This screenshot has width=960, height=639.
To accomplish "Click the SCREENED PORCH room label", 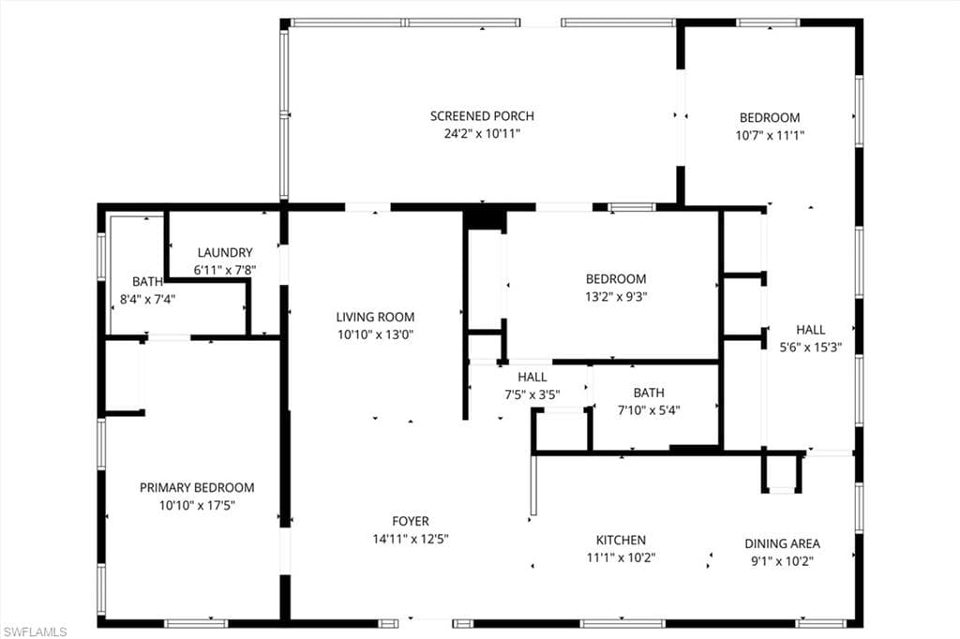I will (x=482, y=116).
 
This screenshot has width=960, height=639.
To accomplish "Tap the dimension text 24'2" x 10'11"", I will (x=482, y=134).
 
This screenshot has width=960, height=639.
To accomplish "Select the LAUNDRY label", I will (x=225, y=252).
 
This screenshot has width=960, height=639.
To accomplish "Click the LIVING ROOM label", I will (x=375, y=317).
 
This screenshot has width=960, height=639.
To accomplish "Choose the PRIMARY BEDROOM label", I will (x=197, y=487).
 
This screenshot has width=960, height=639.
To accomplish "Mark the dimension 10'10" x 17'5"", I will (x=197, y=506).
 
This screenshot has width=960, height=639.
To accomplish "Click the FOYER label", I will (x=411, y=521).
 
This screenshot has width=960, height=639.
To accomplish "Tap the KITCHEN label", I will (x=621, y=540).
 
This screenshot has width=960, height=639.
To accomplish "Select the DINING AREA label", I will (x=782, y=543).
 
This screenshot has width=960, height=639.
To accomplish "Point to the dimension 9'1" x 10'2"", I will (x=782, y=561).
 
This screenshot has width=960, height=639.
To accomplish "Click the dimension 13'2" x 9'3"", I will (x=616, y=297).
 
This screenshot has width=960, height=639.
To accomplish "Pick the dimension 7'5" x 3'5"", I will (x=532, y=394).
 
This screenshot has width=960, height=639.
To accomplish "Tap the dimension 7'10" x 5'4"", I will (x=649, y=409).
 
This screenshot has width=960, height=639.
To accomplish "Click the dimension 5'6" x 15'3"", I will (x=811, y=347).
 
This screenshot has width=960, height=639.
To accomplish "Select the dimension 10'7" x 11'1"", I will (x=770, y=135).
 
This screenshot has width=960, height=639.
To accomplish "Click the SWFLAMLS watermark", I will (x=35, y=632).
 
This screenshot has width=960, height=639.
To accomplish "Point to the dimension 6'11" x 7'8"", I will (x=225, y=270).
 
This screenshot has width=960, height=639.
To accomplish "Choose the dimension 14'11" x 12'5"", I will (x=411, y=539).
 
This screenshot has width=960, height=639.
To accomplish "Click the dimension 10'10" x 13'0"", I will (x=375, y=334).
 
